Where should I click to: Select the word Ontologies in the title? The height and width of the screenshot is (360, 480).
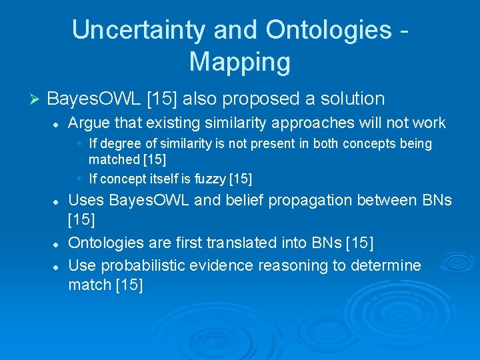(329, 30)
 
